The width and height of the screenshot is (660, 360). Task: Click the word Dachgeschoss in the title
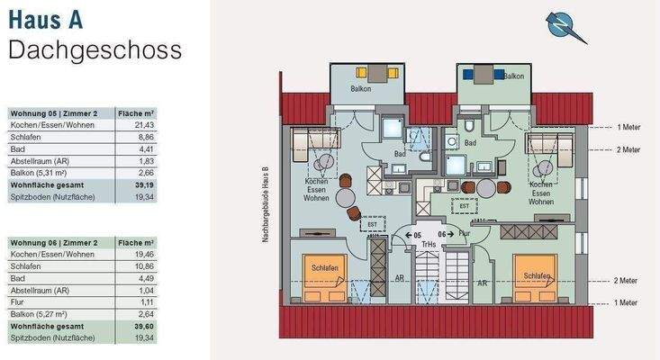pyautogui.click(x=95, y=49)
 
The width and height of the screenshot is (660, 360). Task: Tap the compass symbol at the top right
pyautogui.click(x=565, y=26)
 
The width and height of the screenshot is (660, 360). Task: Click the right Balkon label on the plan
pyautogui.click(x=514, y=76)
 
